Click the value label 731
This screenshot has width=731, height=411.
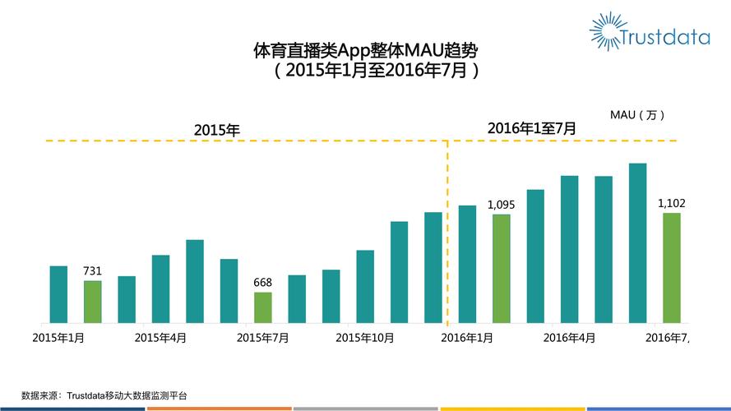[92, 271]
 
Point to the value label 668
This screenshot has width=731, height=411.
[262, 283]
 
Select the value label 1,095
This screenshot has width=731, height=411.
[501, 205]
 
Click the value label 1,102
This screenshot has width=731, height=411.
[672, 203]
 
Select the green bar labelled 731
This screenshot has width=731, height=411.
[92, 302]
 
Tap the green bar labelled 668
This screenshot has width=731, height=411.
[262, 307]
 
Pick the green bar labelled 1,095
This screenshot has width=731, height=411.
[501, 269]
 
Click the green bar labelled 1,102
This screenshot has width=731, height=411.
[672, 268]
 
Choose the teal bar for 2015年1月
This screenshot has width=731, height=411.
[58, 294]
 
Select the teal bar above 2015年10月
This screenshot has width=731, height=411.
[365, 286]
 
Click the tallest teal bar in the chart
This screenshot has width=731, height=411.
[637, 242]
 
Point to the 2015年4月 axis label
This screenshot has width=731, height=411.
[160, 337]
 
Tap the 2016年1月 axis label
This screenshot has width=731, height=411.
[467, 337]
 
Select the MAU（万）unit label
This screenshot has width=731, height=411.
[637, 114]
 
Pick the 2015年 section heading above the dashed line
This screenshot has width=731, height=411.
[216, 130]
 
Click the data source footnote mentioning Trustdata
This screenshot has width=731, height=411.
[104, 395]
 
